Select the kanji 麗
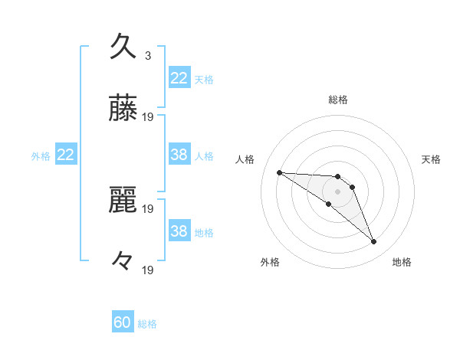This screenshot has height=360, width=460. [123, 201]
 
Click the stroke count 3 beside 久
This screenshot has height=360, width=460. [148, 56]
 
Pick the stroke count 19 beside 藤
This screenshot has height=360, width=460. [149, 117]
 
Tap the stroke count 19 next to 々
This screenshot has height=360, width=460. [149, 270]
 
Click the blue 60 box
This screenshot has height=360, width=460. [123, 323]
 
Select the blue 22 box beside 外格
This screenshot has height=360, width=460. [66, 155]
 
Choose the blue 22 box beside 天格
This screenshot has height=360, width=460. [179, 78]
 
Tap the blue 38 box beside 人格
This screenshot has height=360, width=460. [179, 155]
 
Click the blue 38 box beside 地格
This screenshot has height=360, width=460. [179, 231]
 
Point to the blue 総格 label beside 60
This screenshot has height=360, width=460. [147, 324]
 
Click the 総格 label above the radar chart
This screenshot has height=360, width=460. [338, 100]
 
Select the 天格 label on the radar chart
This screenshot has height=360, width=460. [431, 159]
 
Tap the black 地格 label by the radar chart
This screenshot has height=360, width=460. [402, 262]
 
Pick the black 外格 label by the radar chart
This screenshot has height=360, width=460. [270, 262]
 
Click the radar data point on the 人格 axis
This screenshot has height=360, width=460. [279, 172]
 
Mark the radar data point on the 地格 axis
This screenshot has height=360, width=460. [373, 242]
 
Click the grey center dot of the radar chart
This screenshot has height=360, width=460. [337, 191]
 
